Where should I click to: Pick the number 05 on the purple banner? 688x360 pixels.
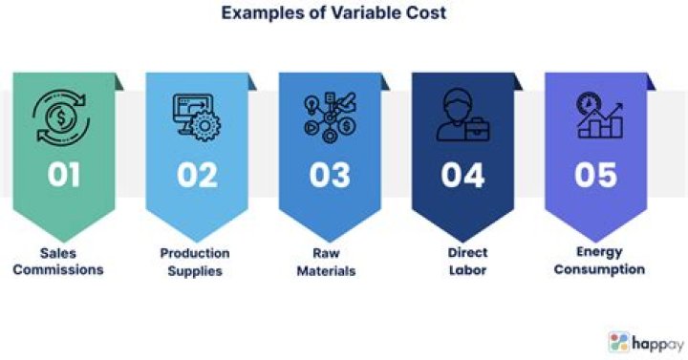click(595, 175)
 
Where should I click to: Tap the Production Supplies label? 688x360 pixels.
click(195, 262)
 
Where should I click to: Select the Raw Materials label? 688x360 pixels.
click(329, 262)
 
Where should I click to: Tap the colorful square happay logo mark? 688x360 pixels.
click(619, 342)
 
